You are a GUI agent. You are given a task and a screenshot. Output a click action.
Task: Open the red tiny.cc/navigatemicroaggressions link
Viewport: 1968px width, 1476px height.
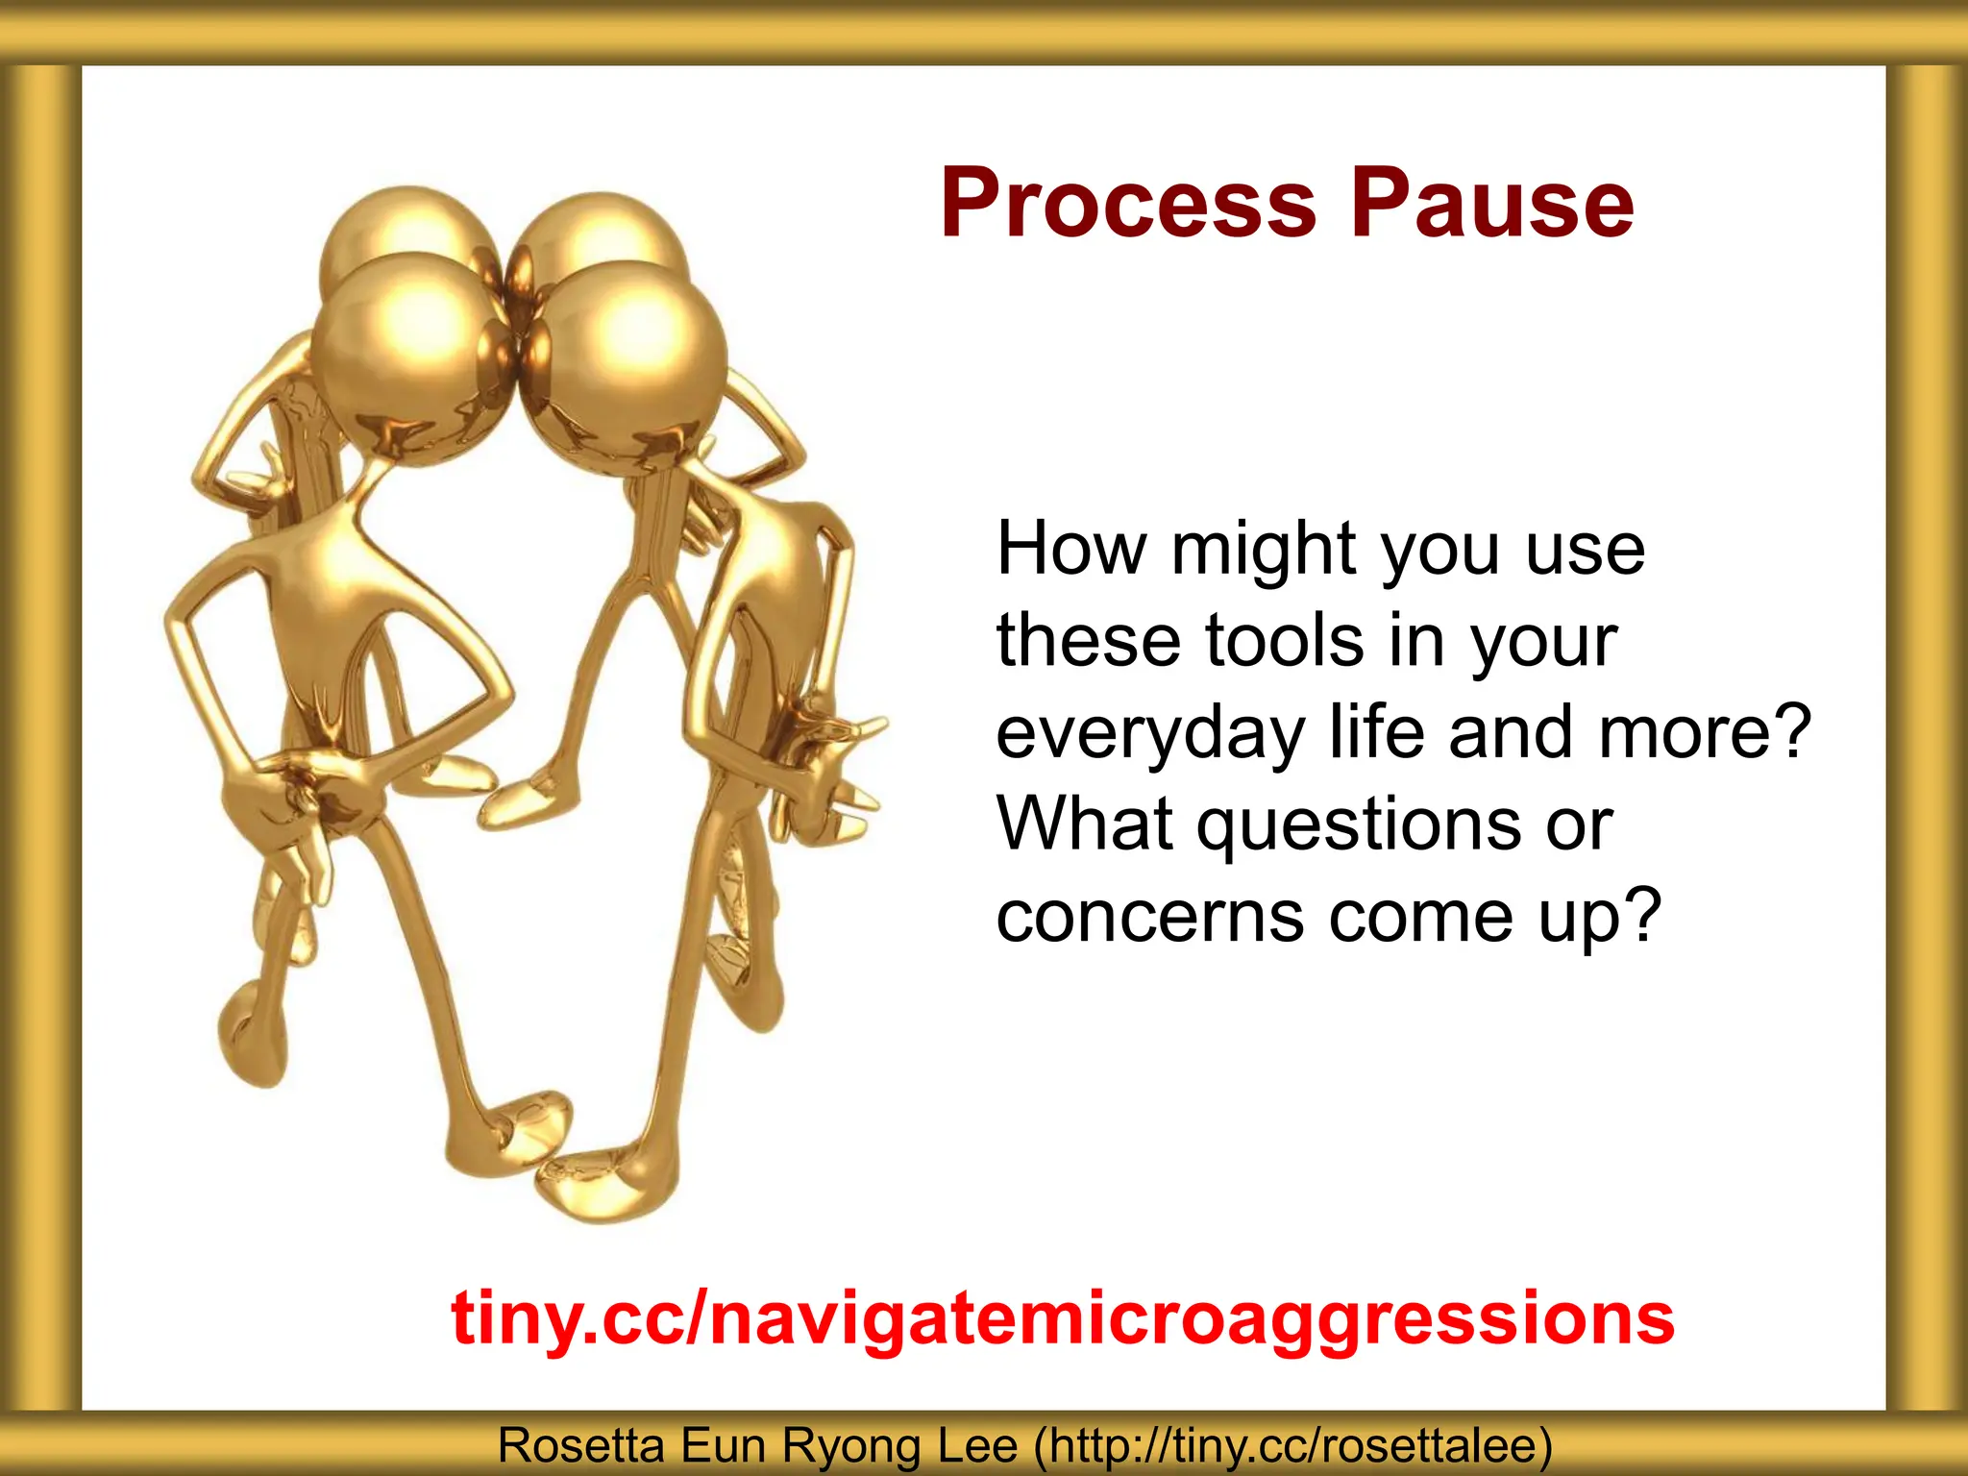[1063, 1318]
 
